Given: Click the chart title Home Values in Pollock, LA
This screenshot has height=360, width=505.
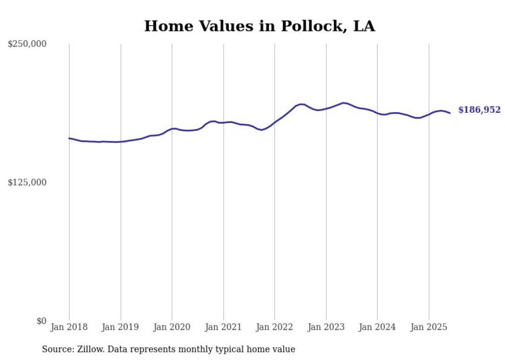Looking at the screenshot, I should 259,26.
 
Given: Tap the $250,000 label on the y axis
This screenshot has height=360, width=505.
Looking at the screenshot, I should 27,44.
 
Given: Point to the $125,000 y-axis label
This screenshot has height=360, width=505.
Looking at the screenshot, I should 27,182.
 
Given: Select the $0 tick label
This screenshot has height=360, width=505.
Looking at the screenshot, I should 41,321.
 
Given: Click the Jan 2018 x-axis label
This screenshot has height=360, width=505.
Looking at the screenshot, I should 69,327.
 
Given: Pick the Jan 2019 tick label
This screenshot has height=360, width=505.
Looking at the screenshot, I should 121,327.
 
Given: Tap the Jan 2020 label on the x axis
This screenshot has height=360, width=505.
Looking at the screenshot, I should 172,327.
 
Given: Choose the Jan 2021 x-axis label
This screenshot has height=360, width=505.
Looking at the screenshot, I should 223,327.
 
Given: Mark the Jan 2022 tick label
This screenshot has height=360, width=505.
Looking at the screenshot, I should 275,327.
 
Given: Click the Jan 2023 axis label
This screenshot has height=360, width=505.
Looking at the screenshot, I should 326,327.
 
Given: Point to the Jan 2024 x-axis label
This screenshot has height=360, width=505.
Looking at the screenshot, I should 377,327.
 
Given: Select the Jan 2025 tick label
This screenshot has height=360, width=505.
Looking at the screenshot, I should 429,327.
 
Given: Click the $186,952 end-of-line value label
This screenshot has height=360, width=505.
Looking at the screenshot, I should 479,110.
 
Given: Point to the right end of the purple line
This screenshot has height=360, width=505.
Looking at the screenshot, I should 450,113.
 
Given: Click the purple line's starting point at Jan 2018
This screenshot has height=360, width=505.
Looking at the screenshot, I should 69,138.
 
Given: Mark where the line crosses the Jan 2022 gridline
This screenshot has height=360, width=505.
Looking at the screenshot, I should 275,123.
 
